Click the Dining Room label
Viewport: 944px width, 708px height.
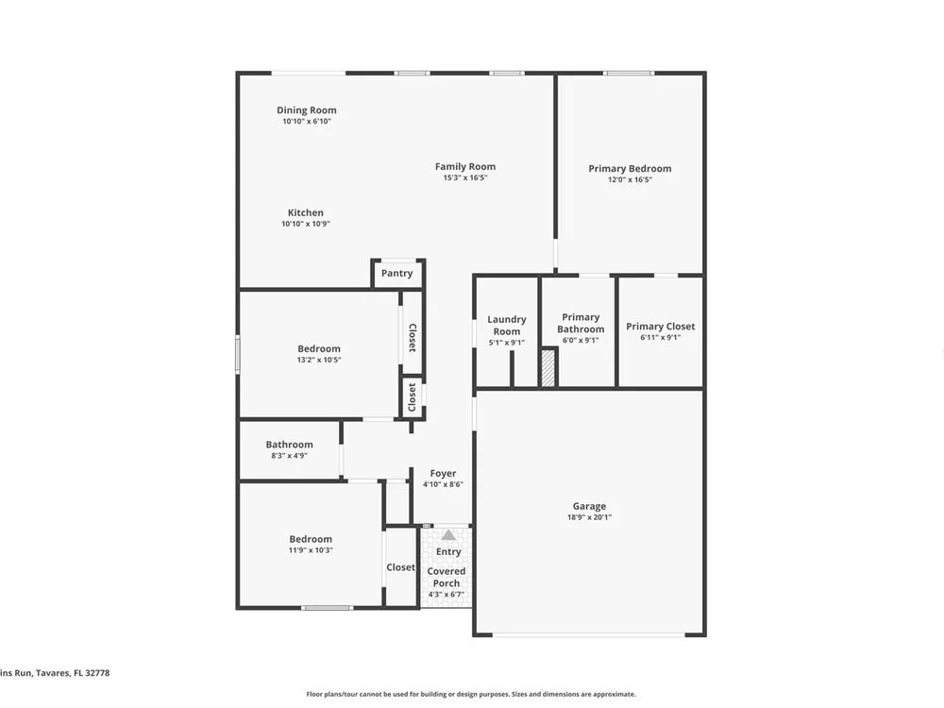tap(307, 110)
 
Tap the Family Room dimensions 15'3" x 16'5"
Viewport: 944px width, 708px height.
tap(465, 177)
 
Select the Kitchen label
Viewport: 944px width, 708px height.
tap(305, 212)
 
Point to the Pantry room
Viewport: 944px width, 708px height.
tap(397, 274)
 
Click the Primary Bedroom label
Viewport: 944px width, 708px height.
tap(630, 169)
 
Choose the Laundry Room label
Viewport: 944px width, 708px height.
tap(507, 325)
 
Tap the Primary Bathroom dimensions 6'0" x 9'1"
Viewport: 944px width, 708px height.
tap(581, 340)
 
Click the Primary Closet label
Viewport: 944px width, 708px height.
tap(661, 327)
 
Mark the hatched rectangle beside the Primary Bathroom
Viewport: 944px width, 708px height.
tap(548, 368)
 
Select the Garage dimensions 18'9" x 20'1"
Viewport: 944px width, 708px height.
tap(589, 517)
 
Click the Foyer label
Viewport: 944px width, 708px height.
tap(443, 473)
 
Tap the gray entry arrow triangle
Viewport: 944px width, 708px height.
tap(448, 535)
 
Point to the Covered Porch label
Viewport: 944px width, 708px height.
tap(447, 577)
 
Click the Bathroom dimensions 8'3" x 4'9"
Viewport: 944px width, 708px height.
tap(290, 456)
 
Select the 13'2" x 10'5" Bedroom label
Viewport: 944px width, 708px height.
tap(319, 348)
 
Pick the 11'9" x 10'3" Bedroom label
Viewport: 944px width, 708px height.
tap(311, 539)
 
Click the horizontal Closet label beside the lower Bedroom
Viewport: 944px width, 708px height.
tap(401, 567)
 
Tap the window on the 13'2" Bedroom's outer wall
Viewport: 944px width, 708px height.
tap(238, 355)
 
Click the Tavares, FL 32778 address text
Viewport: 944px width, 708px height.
tap(73, 673)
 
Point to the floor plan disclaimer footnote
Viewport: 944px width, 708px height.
tap(471, 694)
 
